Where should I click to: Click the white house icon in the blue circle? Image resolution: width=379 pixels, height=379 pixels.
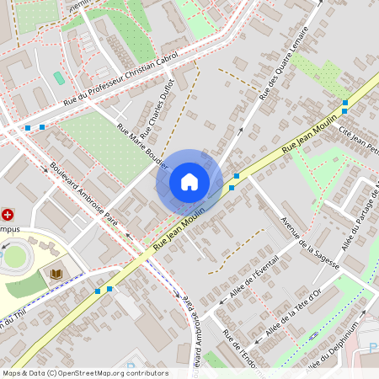click(x=189, y=182)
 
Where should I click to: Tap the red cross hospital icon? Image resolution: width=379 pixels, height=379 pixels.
click(x=8, y=215)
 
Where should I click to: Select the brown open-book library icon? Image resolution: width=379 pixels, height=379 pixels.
click(x=56, y=274)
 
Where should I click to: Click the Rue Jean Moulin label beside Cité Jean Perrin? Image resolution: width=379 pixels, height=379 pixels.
click(x=303, y=137)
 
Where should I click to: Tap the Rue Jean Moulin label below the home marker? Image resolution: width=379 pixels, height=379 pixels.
click(x=179, y=230)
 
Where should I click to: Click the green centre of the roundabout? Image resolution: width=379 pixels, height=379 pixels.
click(x=14, y=256)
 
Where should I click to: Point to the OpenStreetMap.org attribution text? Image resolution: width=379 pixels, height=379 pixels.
click(x=109, y=373)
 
